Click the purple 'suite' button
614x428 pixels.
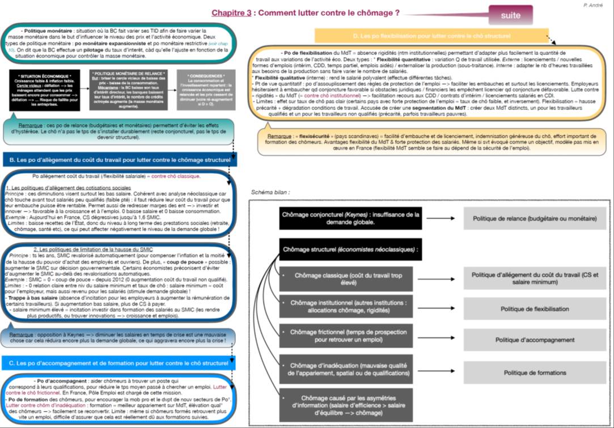coord(510,15)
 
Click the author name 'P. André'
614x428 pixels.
coord(595,5)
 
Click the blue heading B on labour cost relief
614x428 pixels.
coord(119,160)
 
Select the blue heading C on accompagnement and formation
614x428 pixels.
coord(119,360)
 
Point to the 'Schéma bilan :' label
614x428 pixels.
coord(270,193)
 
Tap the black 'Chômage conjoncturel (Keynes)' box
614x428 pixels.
coord(350,218)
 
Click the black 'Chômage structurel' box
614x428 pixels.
coord(350,249)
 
